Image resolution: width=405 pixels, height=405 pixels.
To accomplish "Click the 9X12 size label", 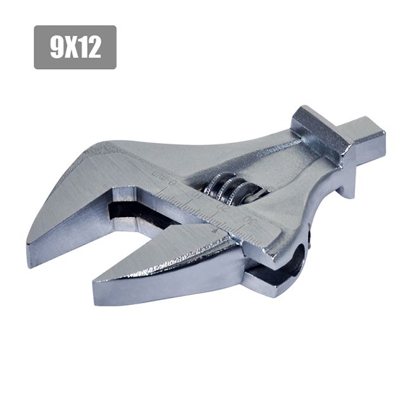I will pyautogui.click(x=75, y=47).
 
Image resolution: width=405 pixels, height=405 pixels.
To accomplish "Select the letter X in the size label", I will pyautogui.click(x=72, y=47).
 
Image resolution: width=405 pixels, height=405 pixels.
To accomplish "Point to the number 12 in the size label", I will pyautogui.click(x=90, y=47).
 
